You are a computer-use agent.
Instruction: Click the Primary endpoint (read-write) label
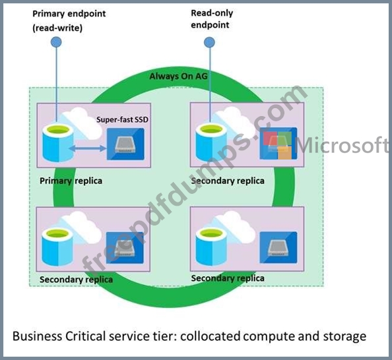click(69, 20)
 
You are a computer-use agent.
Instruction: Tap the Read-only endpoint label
click(212, 18)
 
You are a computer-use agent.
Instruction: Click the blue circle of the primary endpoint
click(56, 42)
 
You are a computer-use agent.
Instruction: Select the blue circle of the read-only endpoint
click(209, 42)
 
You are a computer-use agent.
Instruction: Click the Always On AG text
click(178, 76)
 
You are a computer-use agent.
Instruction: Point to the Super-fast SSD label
click(122, 119)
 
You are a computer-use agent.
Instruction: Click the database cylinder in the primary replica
click(58, 143)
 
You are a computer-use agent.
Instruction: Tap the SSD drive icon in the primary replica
click(125, 144)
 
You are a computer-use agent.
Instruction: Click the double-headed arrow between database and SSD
click(88, 148)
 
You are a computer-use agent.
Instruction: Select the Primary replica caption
click(71, 181)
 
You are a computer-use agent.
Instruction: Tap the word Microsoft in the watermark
click(342, 145)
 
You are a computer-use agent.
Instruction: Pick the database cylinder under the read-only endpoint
click(211, 142)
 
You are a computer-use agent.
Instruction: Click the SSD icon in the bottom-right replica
click(278, 247)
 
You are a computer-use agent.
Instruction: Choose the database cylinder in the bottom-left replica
click(58, 247)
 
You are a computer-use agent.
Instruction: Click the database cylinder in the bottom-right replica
click(211, 247)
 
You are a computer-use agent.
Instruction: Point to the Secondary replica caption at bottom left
click(76, 280)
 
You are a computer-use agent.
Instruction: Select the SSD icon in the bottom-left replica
click(125, 247)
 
